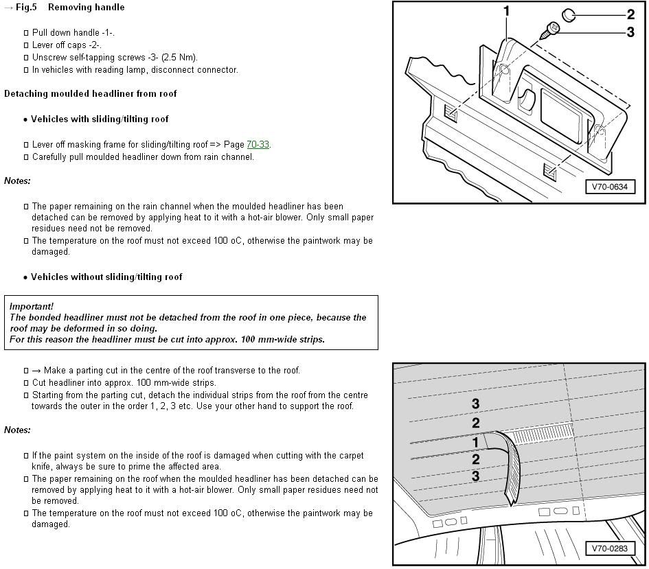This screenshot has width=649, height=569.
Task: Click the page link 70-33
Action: pos(258,145)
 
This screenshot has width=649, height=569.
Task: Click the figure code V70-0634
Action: pos(610,187)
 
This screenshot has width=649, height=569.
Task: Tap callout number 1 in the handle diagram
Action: pos(507,11)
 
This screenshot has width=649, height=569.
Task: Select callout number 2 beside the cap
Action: pos(630,14)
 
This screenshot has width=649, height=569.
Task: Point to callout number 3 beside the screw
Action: pos(630,32)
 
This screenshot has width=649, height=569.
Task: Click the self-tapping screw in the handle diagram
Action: pos(551,30)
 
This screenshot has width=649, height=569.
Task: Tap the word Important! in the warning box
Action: pos(31,306)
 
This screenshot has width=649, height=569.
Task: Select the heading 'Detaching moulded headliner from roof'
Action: pos(90,94)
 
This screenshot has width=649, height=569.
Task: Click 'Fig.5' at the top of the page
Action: pos(26,8)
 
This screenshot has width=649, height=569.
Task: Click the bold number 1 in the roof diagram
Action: pos(475,443)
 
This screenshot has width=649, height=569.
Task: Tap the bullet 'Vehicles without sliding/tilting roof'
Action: pos(106,277)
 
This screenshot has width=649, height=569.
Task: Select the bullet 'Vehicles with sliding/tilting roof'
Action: pos(100,119)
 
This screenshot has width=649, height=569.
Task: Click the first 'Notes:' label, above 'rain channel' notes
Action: pos(17,181)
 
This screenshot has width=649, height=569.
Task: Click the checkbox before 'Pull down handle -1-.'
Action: pos(26,33)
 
